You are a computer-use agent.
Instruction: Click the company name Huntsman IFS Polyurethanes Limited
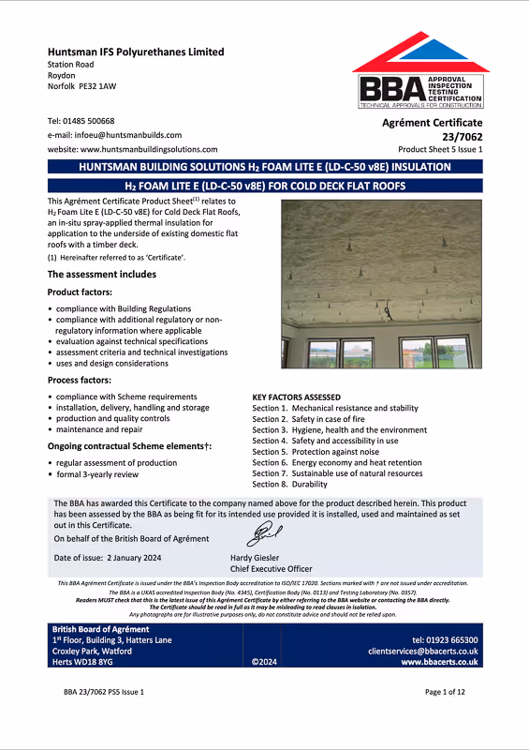point(136,52)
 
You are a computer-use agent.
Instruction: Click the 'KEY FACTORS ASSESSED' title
point(297,397)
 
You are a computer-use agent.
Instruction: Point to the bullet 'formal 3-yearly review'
point(100,475)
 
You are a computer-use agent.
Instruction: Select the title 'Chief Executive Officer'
point(272,568)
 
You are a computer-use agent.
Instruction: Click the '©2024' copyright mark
point(265,662)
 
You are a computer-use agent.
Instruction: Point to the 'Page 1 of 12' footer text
point(452,718)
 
